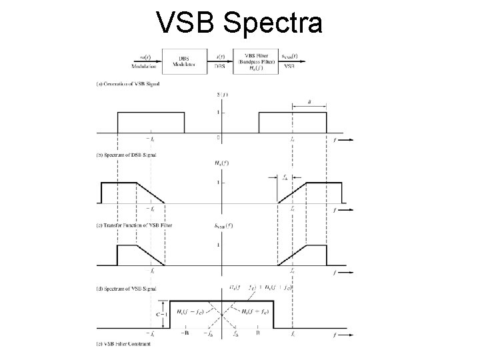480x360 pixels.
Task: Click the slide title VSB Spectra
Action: (239, 23)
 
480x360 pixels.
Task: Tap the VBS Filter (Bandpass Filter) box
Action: (259, 61)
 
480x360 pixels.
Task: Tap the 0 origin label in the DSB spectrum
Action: (218, 137)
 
